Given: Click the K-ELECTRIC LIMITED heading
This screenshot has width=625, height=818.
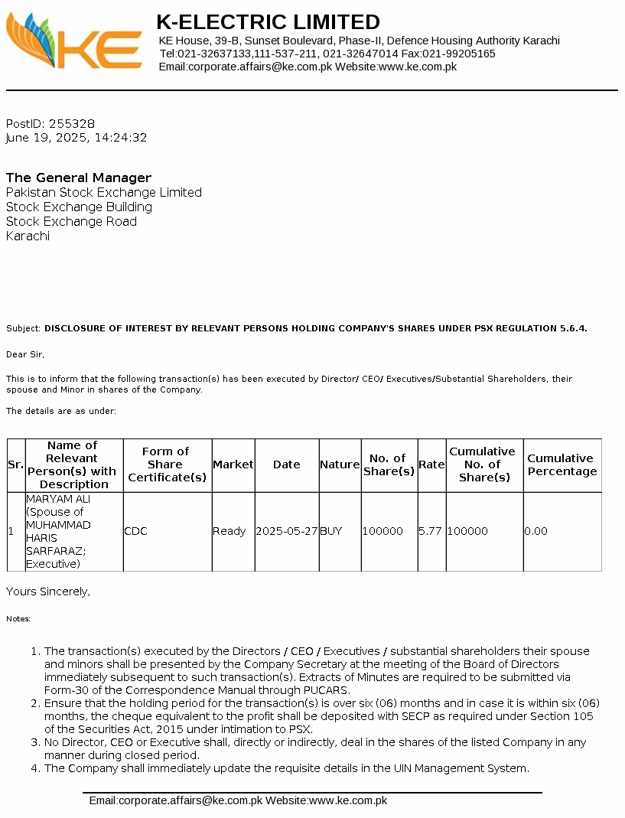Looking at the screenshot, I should (x=268, y=21).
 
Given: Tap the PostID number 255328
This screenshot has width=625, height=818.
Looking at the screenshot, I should (x=72, y=123).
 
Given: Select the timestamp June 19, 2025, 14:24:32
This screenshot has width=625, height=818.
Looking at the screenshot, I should (x=76, y=138).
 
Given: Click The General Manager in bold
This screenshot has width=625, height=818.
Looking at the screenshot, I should (x=79, y=178).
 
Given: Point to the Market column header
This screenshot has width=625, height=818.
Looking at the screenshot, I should (x=233, y=464).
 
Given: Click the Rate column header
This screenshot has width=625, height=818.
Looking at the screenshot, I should (x=431, y=464).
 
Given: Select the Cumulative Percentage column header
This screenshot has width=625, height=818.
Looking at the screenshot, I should (x=562, y=464).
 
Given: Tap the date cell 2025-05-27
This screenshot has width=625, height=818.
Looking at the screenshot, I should (x=287, y=531).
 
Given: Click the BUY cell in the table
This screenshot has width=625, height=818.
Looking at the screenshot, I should (x=331, y=531).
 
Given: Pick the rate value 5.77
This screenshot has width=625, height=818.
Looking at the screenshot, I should (x=430, y=531).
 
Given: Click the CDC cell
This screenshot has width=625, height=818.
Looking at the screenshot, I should (x=135, y=531).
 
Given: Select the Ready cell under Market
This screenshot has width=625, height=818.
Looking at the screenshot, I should (x=229, y=531).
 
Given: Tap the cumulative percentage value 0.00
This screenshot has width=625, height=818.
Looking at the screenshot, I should (x=535, y=531).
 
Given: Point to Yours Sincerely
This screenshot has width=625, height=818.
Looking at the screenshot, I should (x=48, y=592).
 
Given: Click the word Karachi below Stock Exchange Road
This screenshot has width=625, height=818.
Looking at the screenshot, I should (x=28, y=236).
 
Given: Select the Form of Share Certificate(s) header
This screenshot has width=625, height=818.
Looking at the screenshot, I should (x=167, y=464).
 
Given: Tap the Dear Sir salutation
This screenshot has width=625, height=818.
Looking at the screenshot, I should (x=25, y=354).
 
